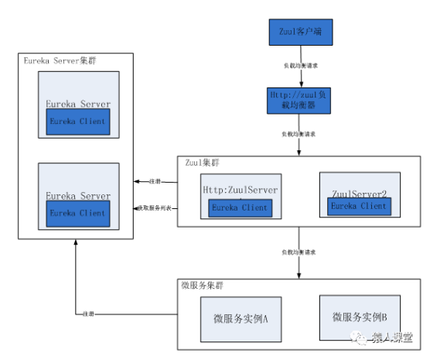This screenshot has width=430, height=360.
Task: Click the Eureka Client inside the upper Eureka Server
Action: [77, 122]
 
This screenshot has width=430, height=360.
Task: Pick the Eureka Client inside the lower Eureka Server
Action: [77, 213]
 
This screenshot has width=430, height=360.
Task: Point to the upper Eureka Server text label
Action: [77, 104]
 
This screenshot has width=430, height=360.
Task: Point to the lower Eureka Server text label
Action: [77, 196]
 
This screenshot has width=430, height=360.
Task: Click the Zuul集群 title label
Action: [200, 163]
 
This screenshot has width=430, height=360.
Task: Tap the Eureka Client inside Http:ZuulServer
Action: [240, 207]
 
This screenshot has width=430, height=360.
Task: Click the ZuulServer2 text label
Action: [358, 192]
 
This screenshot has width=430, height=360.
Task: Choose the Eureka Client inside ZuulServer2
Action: [358, 206]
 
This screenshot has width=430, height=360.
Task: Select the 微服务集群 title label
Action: [203, 284]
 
